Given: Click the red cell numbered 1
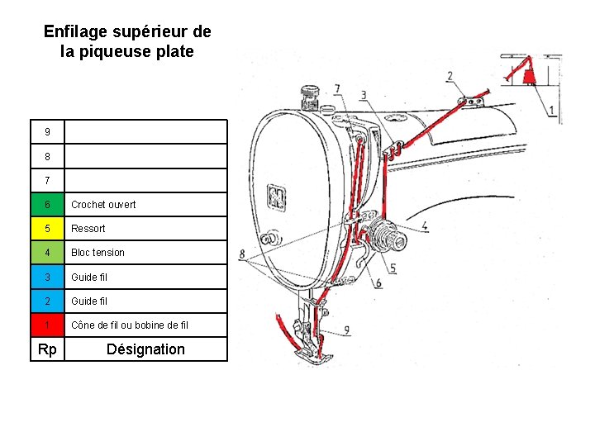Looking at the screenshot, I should click(x=48, y=325).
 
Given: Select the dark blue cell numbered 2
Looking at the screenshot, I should click(x=48, y=301).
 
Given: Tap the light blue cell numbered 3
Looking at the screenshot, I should click(x=48, y=277).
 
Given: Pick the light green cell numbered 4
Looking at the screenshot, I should click(x=48, y=253).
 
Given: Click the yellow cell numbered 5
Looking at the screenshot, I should click(x=48, y=229).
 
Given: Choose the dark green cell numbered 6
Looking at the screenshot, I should click(x=48, y=205).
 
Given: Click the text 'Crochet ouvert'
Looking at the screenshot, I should click(x=103, y=205).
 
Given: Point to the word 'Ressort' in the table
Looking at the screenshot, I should click(x=88, y=229).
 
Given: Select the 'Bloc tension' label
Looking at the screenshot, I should click(x=98, y=253).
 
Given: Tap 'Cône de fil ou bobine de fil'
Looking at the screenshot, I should click(x=130, y=325).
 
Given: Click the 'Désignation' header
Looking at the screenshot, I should click(x=145, y=349).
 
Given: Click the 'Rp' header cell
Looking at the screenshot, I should click(x=48, y=349).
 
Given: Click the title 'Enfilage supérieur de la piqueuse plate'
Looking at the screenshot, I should click(x=127, y=41).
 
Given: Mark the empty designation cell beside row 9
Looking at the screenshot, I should click(x=145, y=132).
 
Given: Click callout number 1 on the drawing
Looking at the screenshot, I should click(x=551, y=110).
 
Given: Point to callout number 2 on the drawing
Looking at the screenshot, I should click(x=450, y=77).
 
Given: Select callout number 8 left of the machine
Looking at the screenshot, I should click(x=241, y=254).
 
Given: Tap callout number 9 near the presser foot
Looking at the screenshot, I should click(x=346, y=330).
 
